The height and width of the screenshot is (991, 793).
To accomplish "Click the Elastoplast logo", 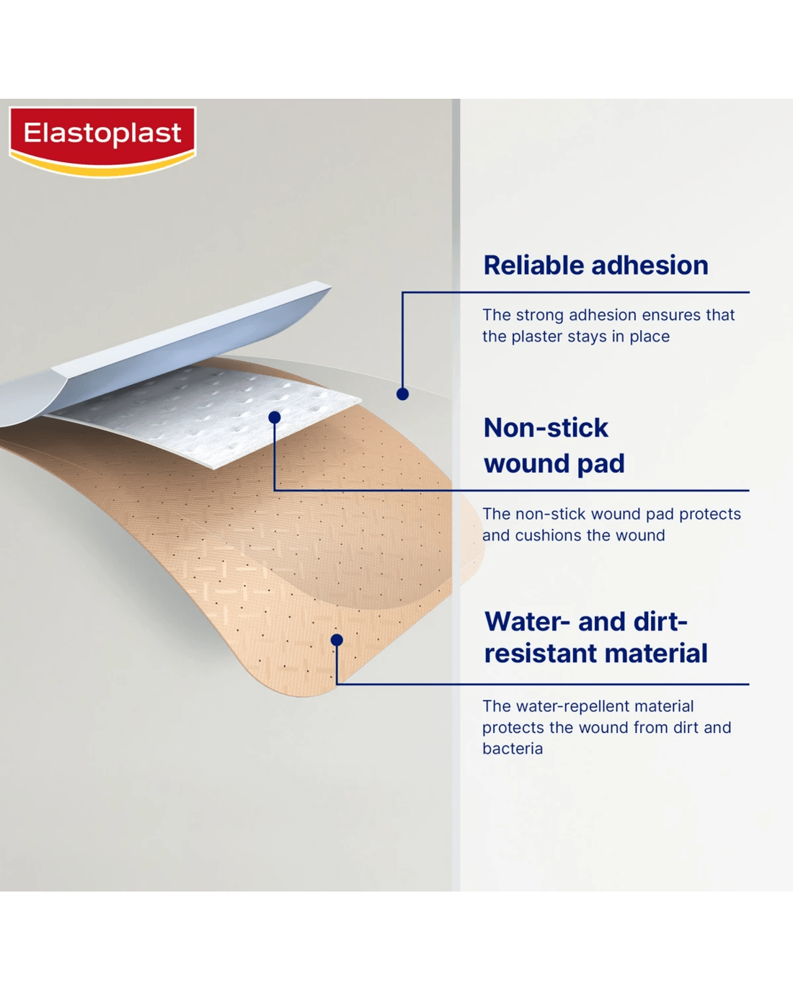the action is pyautogui.click(x=103, y=141).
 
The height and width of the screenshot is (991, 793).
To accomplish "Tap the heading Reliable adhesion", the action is pyautogui.click(x=595, y=265).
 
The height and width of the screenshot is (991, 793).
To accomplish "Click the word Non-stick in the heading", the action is pyautogui.click(x=546, y=428).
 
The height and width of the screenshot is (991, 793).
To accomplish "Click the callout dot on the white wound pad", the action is pyautogui.click(x=275, y=417).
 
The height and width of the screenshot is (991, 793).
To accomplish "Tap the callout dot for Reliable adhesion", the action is pyautogui.click(x=402, y=394).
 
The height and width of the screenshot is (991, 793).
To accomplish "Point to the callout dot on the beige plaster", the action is pyautogui.click(x=337, y=639).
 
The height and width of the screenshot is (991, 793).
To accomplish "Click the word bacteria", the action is pyautogui.click(x=513, y=748).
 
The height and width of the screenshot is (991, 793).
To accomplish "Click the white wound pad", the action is pyautogui.click(x=203, y=414).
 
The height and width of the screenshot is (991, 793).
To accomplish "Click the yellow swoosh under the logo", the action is pyautogui.click(x=103, y=166).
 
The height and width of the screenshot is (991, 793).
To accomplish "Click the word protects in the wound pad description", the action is pyautogui.click(x=710, y=513).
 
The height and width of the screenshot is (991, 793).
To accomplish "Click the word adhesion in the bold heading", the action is pyautogui.click(x=650, y=265).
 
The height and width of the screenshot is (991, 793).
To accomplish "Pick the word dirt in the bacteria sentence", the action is pyautogui.click(x=686, y=727).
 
